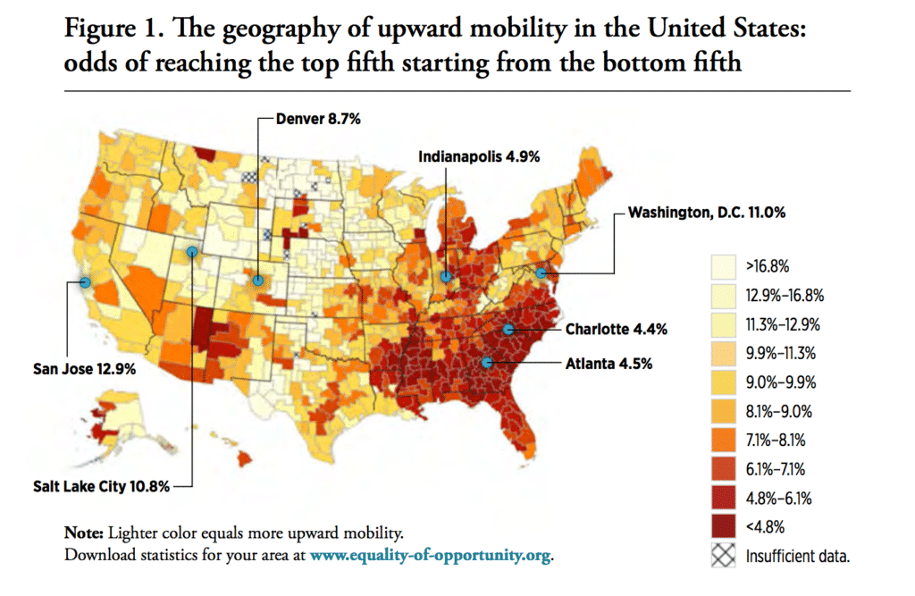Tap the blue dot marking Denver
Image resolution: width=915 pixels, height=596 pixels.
point(257,280)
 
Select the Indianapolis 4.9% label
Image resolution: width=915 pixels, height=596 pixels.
point(479,156)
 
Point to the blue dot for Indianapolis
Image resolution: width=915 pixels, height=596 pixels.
point(445,278)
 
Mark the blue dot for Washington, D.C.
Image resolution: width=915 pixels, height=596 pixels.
point(541,272)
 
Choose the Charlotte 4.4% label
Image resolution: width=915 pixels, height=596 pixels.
point(616,329)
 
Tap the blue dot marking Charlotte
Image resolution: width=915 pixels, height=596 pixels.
point(508,329)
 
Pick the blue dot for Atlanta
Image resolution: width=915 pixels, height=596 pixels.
point(487,362)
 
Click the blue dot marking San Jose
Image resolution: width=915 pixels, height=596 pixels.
point(86,282)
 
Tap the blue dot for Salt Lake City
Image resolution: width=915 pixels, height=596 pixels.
point(192,253)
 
